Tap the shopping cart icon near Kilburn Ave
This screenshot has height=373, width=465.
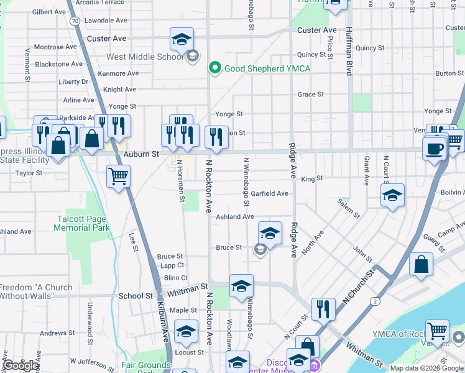[118, 176]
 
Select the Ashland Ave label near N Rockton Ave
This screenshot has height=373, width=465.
[234, 217]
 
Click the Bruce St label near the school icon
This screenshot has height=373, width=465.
[228, 247]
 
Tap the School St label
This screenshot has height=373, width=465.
[136, 297]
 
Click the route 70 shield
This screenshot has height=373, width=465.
[75, 21]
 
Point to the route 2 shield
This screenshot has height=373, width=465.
[375, 302]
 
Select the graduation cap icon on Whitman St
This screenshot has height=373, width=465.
[241, 286]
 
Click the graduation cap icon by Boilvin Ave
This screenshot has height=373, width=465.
[392, 196]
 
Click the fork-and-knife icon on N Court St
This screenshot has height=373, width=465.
[323, 308]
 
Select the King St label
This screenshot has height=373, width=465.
[312, 178]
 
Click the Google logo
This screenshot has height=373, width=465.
[21, 366]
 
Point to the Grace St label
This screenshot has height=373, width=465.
[311, 94]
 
